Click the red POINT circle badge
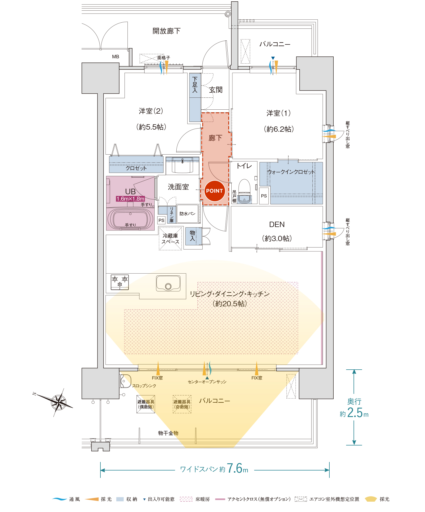click(x=214, y=191)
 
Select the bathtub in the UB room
click(x=130, y=219)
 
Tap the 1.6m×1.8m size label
click(x=130, y=199)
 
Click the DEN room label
click(x=277, y=224)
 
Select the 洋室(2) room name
click(x=151, y=111)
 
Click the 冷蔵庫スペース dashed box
click(x=170, y=238)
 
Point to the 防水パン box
click(x=188, y=213)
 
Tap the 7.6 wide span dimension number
click(x=235, y=468)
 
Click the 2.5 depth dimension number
click(x=355, y=413)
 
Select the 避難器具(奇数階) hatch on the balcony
click(x=182, y=404)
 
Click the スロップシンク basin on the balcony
click(x=126, y=381)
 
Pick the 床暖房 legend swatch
click(x=186, y=499)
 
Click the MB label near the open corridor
click(x=116, y=57)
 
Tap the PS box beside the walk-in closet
click(x=264, y=196)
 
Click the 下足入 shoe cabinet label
click(x=195, y=85)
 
